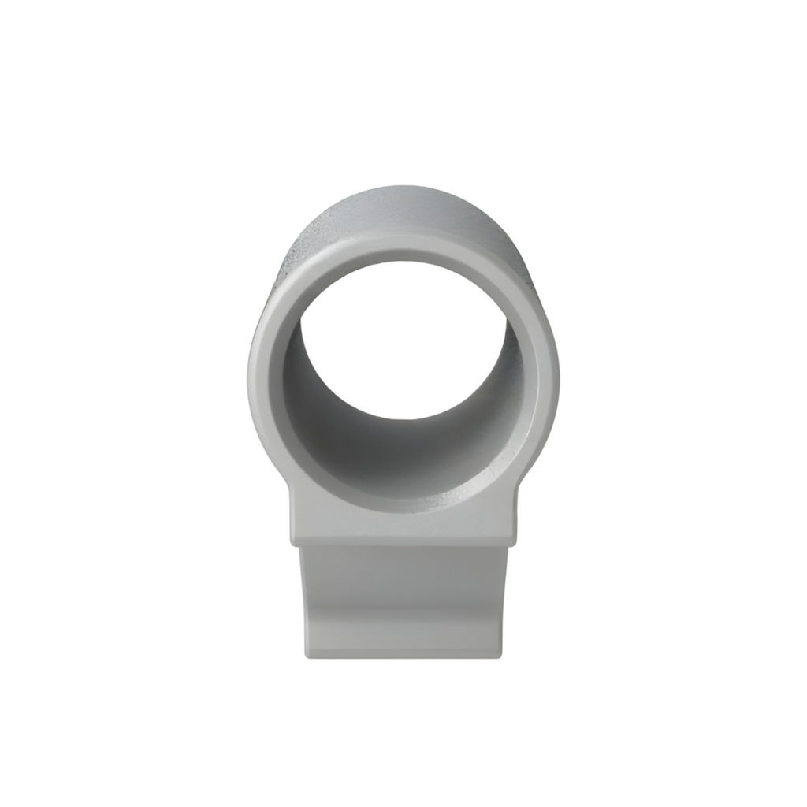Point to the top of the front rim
pyautogui.click(x=403, y=246)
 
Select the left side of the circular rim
pyautogui.click(x=265, y=370)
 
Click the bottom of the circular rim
pyautogui.click(x=403, y=504)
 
